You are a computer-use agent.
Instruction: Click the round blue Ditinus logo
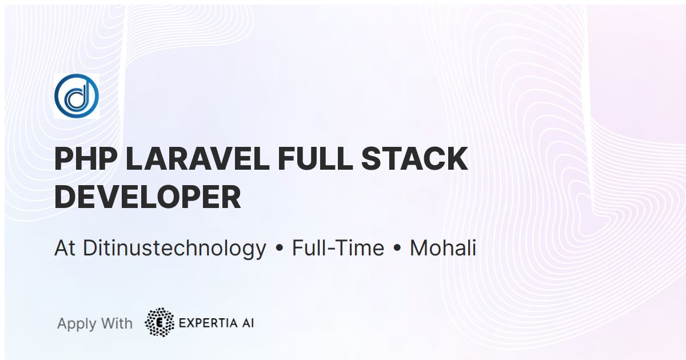(77, 96)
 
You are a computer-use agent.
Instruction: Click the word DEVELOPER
(147, 197)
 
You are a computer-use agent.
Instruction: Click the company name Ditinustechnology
(174, 249)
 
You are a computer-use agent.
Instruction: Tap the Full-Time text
(338, 249)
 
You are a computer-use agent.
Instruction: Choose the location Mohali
(443, 249)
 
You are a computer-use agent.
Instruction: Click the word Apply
(77, 324)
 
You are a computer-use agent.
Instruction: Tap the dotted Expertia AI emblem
(160, 322)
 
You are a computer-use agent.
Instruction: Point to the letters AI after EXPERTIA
(247, 323)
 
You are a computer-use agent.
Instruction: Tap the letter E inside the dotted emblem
(160, 323)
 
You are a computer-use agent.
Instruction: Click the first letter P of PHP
(65, 159)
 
